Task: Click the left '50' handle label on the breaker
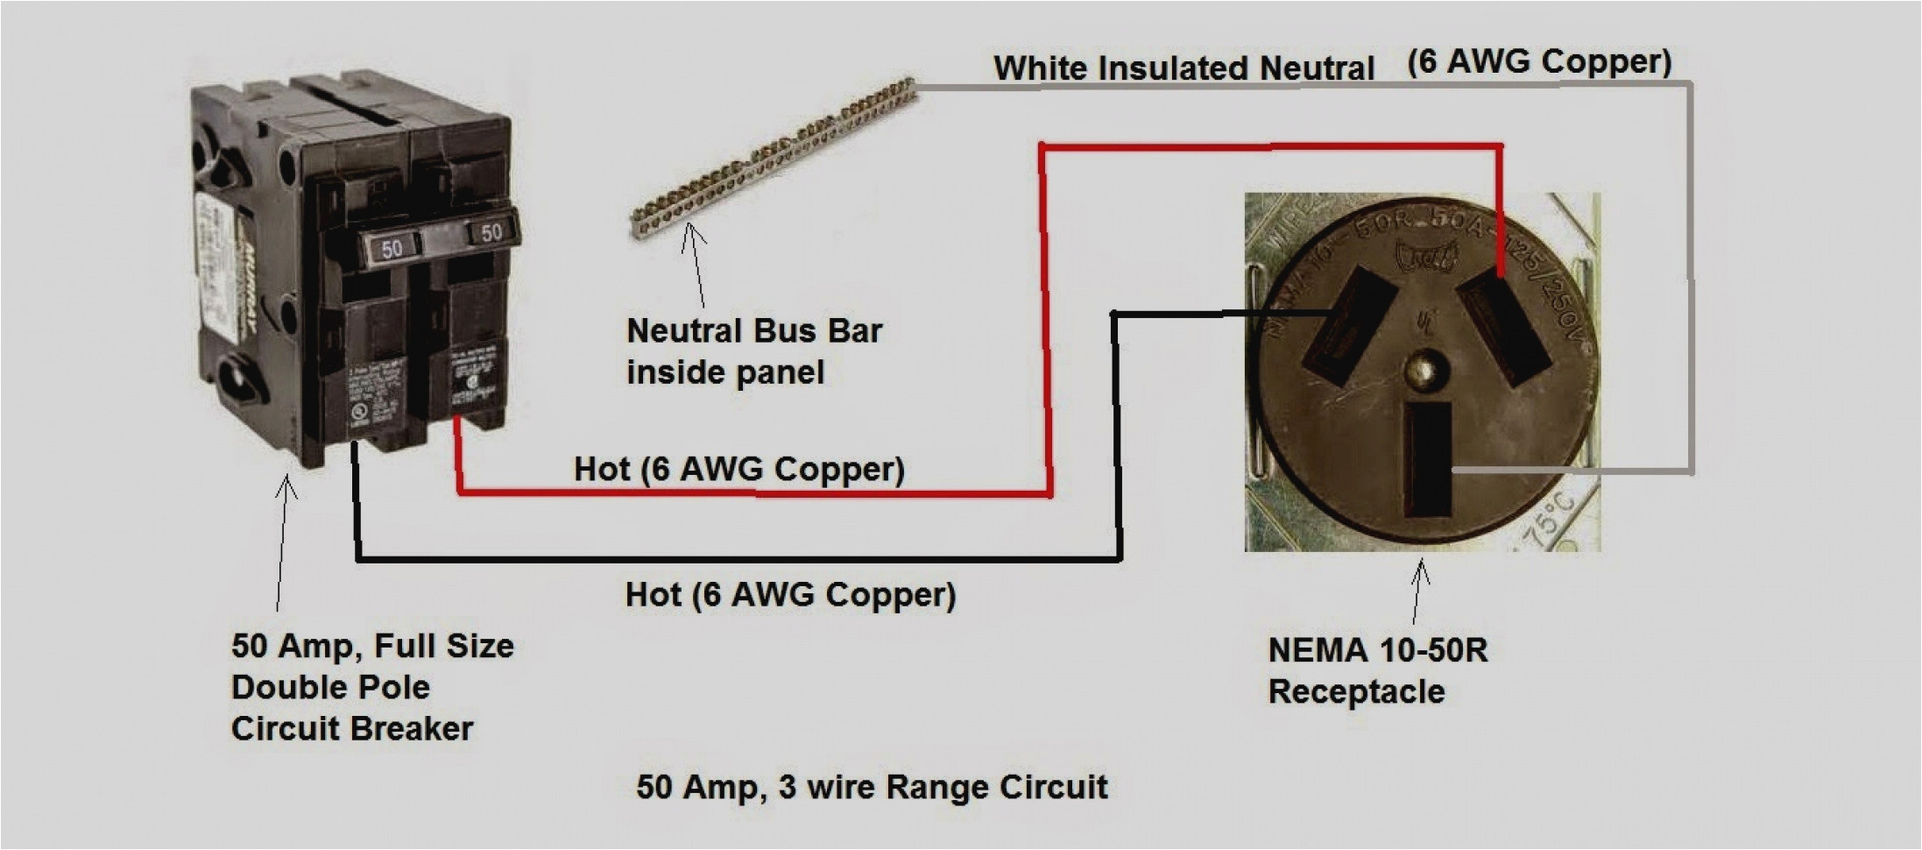(x=392, y=248)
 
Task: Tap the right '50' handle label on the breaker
(x=491, y=232)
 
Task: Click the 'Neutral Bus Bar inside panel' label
(x=753, y=351)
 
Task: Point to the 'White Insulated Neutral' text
(x=1184, y=68)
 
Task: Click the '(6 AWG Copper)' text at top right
(x=1539, y=61)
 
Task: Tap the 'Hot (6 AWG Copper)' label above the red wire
(x=738, y=469)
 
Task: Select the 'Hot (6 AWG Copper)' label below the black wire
(x=790, y=595)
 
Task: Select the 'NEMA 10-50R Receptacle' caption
(x=1376, y=670)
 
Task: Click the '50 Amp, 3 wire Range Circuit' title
(x=872, y=787)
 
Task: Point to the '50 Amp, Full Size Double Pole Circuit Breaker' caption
(x=372, y=687)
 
